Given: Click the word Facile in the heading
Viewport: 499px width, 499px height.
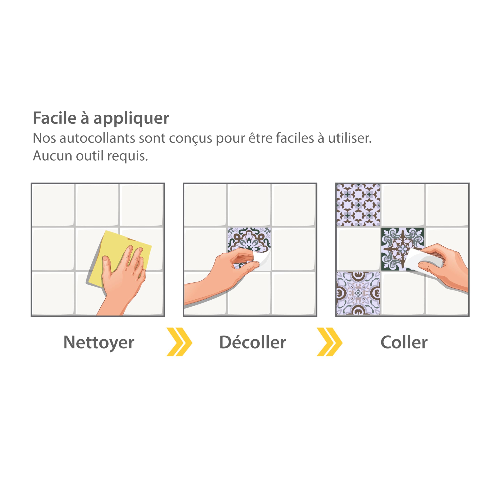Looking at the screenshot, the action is pos(55,118).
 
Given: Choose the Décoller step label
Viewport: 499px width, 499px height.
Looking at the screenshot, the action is pos(253,342).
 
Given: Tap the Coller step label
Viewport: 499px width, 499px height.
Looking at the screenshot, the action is pos(404,342).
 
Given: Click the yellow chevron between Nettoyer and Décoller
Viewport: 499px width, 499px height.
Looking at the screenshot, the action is pos(179,342).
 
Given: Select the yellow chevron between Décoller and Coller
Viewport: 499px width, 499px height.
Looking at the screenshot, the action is pos(330,342).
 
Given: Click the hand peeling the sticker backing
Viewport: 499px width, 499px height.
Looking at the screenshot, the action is pos(222,274).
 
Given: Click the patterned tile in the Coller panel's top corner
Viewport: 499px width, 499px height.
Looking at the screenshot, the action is pos(358,205).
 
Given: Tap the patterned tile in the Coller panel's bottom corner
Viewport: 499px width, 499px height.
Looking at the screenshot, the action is pos(358,293).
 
